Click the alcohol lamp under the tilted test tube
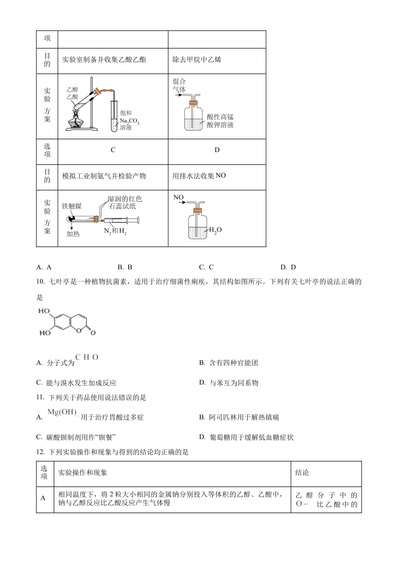pos(77,122)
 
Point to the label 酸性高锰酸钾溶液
pos(220,121)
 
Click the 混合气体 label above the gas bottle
pos(179,85)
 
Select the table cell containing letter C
pos(113,150)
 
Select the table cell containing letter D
pos(217,150)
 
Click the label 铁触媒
pos(72,206)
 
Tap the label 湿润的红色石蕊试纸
pos(125,202)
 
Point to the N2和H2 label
pos(115,230)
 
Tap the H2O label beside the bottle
pos(215,230)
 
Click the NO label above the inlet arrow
pos(178,197)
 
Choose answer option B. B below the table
pos(125,267)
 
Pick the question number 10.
pos(41,281)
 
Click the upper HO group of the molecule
pos(44,311)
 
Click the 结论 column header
pos(302,473)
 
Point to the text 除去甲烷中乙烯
pos(197,59)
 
